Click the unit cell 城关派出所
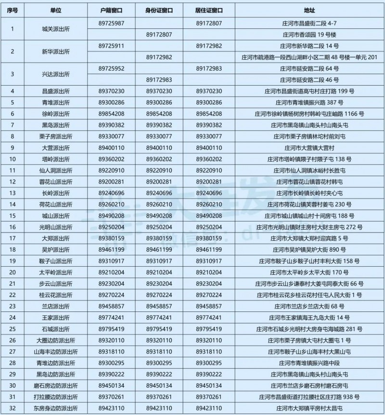pyautogui.click(x=56, y=28)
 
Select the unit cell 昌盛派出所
pyautogui.click(x=56, y=91)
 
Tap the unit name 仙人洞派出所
pyautogui.click(x=56, y=170)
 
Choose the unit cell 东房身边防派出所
pyautogui.click(x=56, y=408)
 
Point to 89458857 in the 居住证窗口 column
pyautogui.click(x=209, y=306)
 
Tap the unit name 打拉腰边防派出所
pyautogui.click(x=56, y=397)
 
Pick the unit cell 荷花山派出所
pyautogui.click(x=56, y=204)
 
